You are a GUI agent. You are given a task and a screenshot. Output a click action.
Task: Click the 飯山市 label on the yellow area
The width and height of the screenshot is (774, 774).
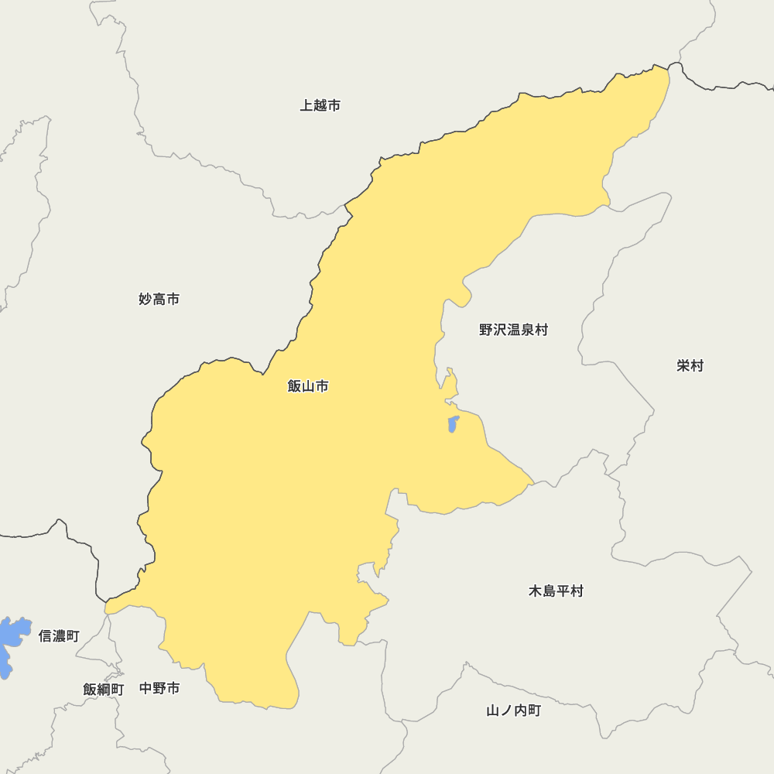click(x=308, y=385)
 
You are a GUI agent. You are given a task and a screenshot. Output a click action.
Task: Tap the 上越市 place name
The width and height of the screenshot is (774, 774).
click(x=320, y=105)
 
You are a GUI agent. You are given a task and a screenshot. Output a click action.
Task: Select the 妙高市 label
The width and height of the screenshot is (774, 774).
click(x=159, y=299)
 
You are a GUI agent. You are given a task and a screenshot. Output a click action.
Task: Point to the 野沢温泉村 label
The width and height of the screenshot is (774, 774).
click(x=513, y=330)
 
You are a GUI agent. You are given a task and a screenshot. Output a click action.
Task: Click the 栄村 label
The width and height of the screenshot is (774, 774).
click(x=690, y=365)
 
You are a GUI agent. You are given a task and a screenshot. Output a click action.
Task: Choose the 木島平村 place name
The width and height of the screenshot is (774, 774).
click(x=556, y=591)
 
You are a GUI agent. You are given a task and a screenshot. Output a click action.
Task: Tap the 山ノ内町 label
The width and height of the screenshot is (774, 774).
click(x=513, y=711)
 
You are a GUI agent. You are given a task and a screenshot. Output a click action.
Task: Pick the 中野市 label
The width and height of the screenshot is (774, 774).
click(x=159, y=688)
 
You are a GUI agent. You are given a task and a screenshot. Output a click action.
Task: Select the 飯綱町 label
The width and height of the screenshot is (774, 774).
click(x=103, y=689)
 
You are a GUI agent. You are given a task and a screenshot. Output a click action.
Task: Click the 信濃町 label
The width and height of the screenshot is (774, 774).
click(x=59, y=636)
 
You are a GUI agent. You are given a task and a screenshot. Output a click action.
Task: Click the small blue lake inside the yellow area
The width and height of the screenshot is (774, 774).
click(x=454, y=424)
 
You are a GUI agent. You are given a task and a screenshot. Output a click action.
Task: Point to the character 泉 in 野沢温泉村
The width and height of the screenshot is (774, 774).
click(x=527, y=330)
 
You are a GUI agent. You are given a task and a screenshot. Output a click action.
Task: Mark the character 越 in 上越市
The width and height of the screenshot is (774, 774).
click(x=320, y=105)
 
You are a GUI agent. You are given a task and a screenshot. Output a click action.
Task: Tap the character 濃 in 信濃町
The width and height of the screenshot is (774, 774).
click(x=59, y=636)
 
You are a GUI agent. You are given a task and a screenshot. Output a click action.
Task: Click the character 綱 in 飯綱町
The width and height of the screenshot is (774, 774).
click(x=103, y=689)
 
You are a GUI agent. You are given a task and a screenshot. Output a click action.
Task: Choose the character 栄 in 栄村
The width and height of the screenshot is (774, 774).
click(x=683, y=365)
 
